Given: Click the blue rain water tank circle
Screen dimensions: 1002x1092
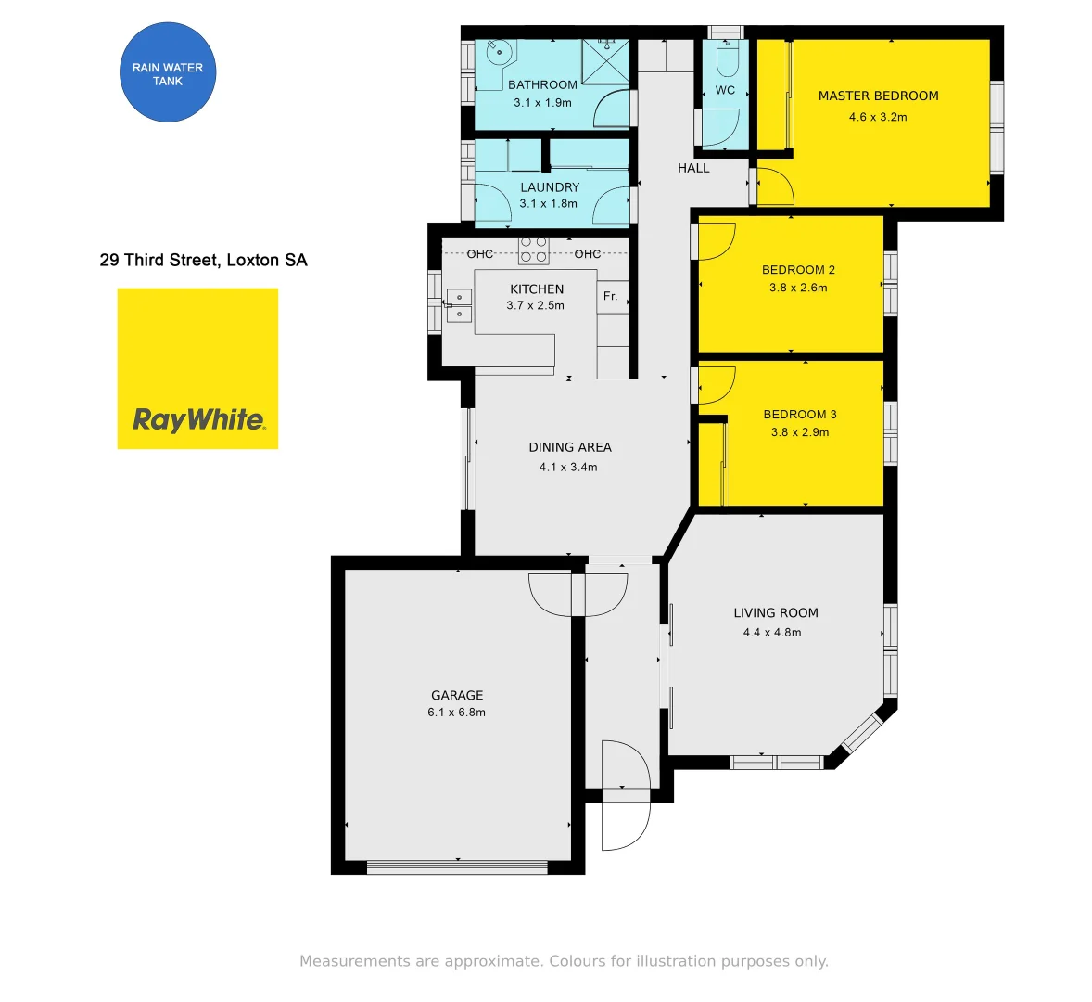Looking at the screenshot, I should coord(168,74).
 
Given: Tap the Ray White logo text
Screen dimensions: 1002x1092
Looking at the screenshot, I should coord(198,420).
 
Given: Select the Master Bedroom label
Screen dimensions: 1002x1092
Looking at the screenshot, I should coord(878,96).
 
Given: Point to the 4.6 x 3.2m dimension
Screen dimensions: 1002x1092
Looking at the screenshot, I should coord(878,117).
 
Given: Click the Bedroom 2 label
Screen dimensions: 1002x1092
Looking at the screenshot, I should coord(798,270).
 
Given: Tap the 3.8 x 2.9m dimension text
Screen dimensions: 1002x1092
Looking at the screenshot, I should coord(799,432).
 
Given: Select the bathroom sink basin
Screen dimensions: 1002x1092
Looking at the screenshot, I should coord(498,53).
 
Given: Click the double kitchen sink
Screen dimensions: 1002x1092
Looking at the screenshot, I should coord(459,305).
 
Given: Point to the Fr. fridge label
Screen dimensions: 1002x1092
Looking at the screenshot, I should coord(610,296).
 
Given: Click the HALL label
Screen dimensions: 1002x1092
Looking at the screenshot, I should coord(693,168).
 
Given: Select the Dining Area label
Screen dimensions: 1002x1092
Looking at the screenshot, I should coord(569,447).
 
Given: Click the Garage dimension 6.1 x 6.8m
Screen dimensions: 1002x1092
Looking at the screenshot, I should coord(456,713).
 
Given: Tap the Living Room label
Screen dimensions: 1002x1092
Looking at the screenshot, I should coord(775,612).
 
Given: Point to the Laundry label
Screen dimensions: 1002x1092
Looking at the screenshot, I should coord(549,187).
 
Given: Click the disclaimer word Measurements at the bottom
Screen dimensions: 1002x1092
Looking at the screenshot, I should coord(355,961).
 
